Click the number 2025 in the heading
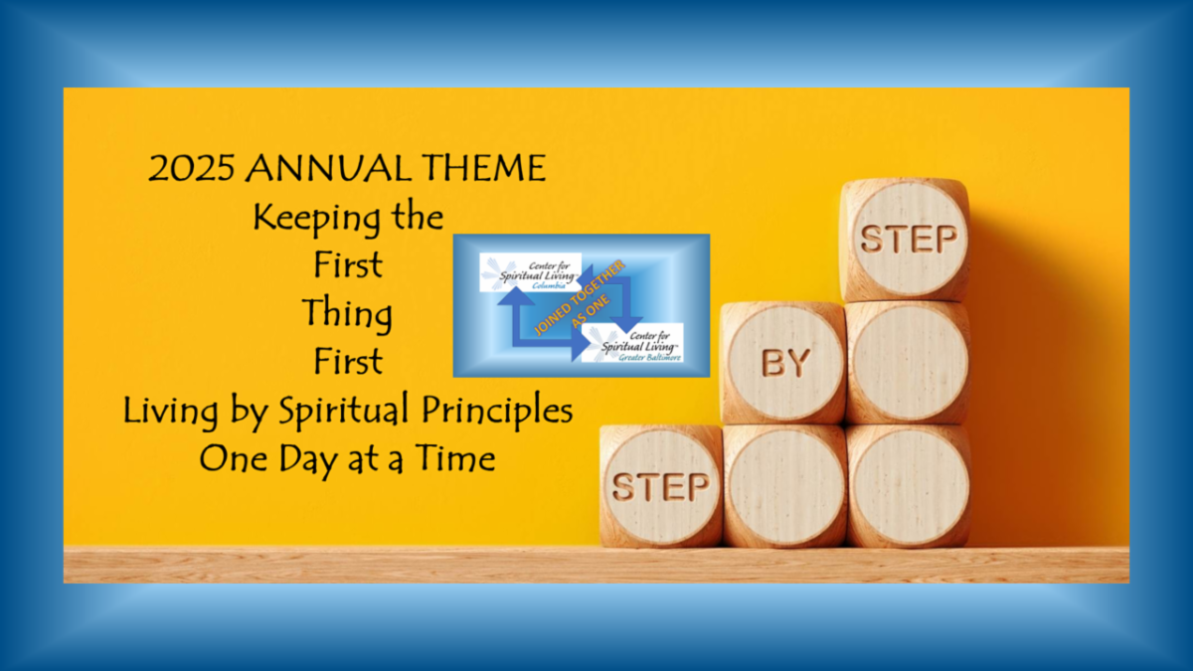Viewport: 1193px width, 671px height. pos(191,168)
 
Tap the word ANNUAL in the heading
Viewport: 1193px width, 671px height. pos(327,168)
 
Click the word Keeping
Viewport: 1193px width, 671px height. pos(316,219)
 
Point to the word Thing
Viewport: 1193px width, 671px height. pos(347,314)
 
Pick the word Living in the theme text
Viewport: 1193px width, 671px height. pos(170,412)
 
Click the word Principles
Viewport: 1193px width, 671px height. pos(497,412)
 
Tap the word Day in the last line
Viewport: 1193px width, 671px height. pos(308,460)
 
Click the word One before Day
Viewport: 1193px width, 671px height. pos(234,458)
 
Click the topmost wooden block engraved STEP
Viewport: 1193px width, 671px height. pos(906,240)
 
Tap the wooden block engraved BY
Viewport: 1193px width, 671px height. pos(783,363)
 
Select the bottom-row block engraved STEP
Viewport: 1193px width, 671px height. pos(661,486)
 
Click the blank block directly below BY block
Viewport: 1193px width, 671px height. pos(785,486)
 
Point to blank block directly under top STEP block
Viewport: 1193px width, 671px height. pos(908,363)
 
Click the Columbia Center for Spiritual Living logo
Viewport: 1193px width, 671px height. pos(531,272)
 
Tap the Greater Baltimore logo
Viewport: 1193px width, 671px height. pos(632,342)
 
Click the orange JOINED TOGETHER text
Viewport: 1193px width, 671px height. pos(579,298)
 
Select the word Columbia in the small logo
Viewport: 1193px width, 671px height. pos(549,286)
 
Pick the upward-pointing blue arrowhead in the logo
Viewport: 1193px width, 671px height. pos(516,296)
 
